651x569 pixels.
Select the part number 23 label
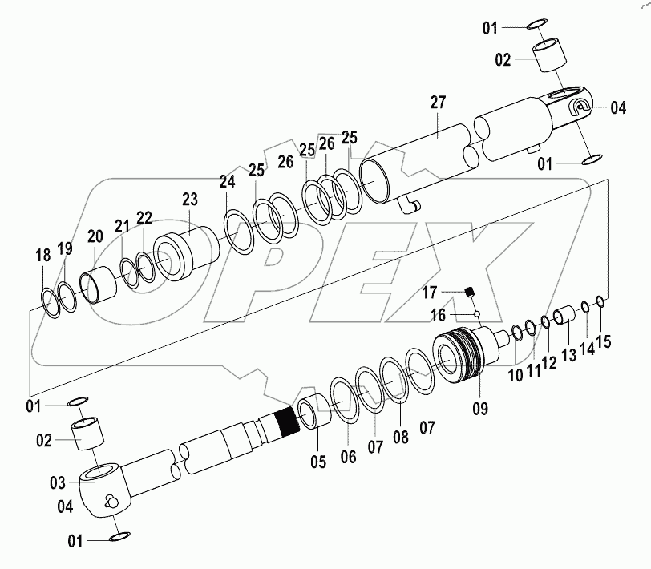click(x=189, y=199)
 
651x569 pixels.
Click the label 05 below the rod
click(x=317, y=461)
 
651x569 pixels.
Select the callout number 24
click(x=227, y=183)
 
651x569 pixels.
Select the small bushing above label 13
click(x=564, y=313)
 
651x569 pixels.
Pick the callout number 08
click(x=399, y=438)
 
